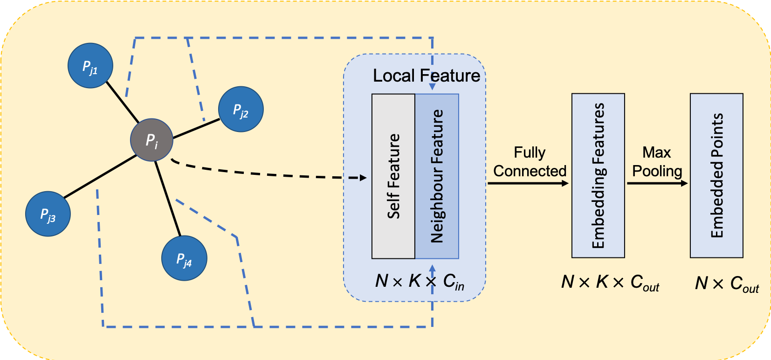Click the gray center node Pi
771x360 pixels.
151,140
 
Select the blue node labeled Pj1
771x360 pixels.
90,66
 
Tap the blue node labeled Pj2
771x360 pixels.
241,109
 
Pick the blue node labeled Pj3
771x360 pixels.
48,214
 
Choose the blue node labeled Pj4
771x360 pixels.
184,258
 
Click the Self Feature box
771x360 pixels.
393,176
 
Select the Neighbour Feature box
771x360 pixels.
437,176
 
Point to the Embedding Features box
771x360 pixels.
598,175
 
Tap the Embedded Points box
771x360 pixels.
716,175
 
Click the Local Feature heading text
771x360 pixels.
426,76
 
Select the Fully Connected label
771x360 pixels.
530,162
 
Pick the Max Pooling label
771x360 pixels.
657,162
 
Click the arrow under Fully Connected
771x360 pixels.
528,183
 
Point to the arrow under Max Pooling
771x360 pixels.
657,183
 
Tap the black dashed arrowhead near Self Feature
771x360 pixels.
363,178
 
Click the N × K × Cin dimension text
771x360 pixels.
420,281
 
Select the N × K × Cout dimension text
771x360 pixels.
610,282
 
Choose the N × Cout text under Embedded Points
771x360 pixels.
727,284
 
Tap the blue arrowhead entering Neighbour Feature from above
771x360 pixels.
432,87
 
